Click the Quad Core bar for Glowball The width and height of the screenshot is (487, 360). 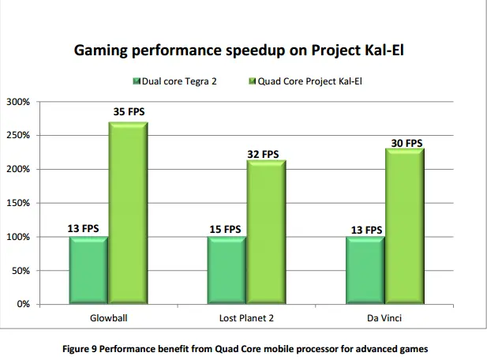[x=128, y=213]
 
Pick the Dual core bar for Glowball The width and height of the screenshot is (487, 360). [x=88, y=270]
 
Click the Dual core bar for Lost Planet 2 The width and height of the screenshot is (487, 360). [x=227, y=270]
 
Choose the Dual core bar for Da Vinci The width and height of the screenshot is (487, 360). [x=365, y=270]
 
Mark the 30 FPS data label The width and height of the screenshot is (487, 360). [x=406, y=143]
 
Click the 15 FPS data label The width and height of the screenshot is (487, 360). [x=225, y=229]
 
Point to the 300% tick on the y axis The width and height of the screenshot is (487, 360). [x=19, y=102]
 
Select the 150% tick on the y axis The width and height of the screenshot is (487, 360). [x=19, y=203]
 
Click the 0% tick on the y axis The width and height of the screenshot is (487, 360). [x=23, y=304]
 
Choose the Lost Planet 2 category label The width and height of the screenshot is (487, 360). [x=245, y=319]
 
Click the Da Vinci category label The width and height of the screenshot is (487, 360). [x=384, y=319]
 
